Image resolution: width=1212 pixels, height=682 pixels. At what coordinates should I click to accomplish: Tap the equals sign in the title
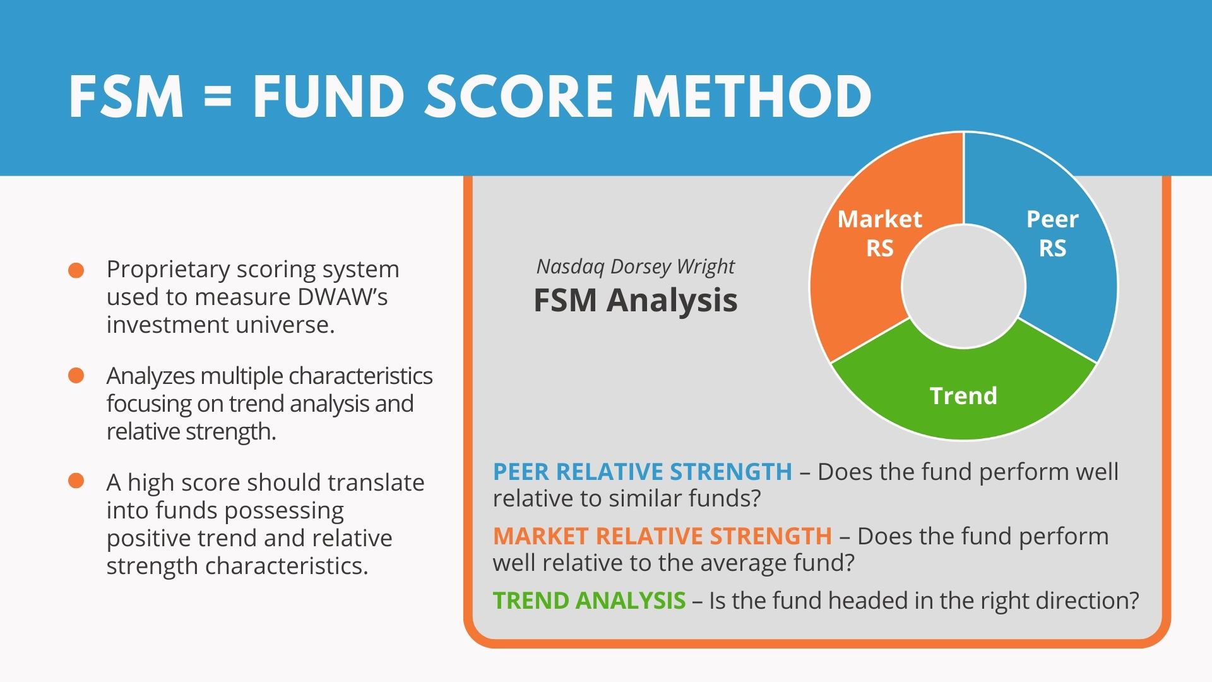[218, 97]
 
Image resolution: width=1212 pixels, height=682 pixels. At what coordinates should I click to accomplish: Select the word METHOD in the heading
[752, 97]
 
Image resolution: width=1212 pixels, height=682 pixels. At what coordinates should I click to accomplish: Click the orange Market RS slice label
[879, 233]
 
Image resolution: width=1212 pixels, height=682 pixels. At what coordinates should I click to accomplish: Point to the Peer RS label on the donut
[1052, 233]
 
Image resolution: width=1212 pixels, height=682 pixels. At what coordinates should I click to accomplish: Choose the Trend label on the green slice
[963, 396]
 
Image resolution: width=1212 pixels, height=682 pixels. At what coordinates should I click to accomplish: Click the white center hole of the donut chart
[963, 286]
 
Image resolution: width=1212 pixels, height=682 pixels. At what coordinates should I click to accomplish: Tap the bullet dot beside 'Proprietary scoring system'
[76, 270]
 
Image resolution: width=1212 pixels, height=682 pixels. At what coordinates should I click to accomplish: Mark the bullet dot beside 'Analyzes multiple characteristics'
[76, 376]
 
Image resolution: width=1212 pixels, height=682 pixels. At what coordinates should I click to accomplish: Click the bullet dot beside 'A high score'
[76, 481]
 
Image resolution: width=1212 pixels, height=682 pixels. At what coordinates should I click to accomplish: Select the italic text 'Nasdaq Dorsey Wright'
[636, 267]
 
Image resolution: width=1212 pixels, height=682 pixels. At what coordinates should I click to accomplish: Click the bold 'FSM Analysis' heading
[636, 300]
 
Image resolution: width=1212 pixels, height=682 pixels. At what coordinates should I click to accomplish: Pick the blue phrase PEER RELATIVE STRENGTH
[643, 472]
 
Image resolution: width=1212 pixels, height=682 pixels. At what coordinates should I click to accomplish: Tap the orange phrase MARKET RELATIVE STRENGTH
[663, 536]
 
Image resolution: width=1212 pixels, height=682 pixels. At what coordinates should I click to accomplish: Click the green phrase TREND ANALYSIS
[590, 601]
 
